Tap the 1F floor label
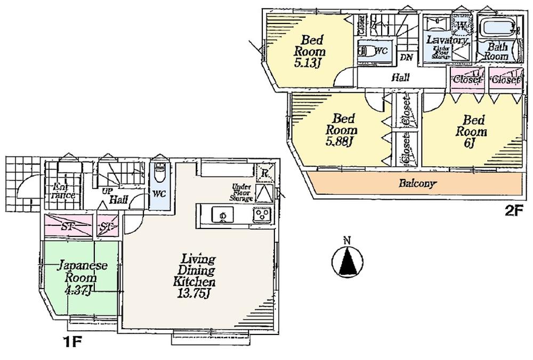click(72, 340)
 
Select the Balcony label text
click(418, 184)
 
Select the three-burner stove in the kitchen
click(262, 215)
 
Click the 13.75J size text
click(193, 292)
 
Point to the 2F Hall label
click(400, 78)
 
